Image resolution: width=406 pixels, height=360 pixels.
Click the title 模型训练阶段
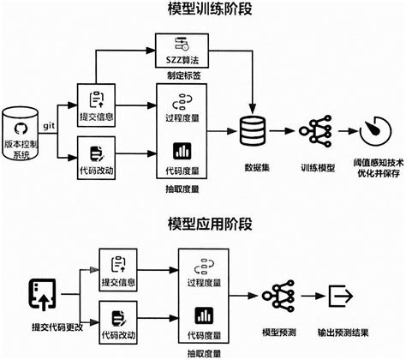(203, 11)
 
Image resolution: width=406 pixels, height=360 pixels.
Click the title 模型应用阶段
(203, 225)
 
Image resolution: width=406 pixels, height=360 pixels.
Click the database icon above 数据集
(254, 132)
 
